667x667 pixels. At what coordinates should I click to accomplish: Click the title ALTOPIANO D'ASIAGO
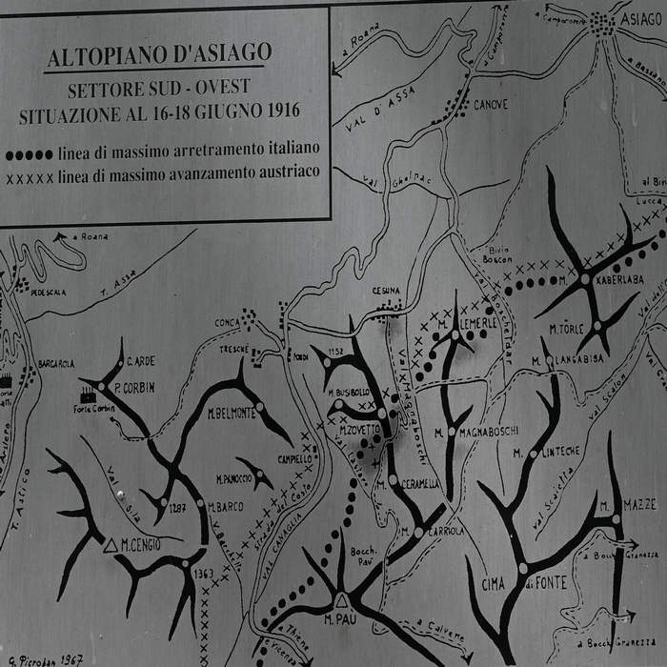[x=159, y=54]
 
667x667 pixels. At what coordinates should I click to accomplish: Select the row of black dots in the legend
[x=29, y=153]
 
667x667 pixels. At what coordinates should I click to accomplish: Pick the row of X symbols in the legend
[x=29, y=176]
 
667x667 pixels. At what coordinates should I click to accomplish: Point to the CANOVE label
[x=491, y=104]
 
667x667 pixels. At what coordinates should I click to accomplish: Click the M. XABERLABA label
[x=596, y=282]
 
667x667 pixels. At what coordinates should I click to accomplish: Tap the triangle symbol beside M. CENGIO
[x=110, y=546]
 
